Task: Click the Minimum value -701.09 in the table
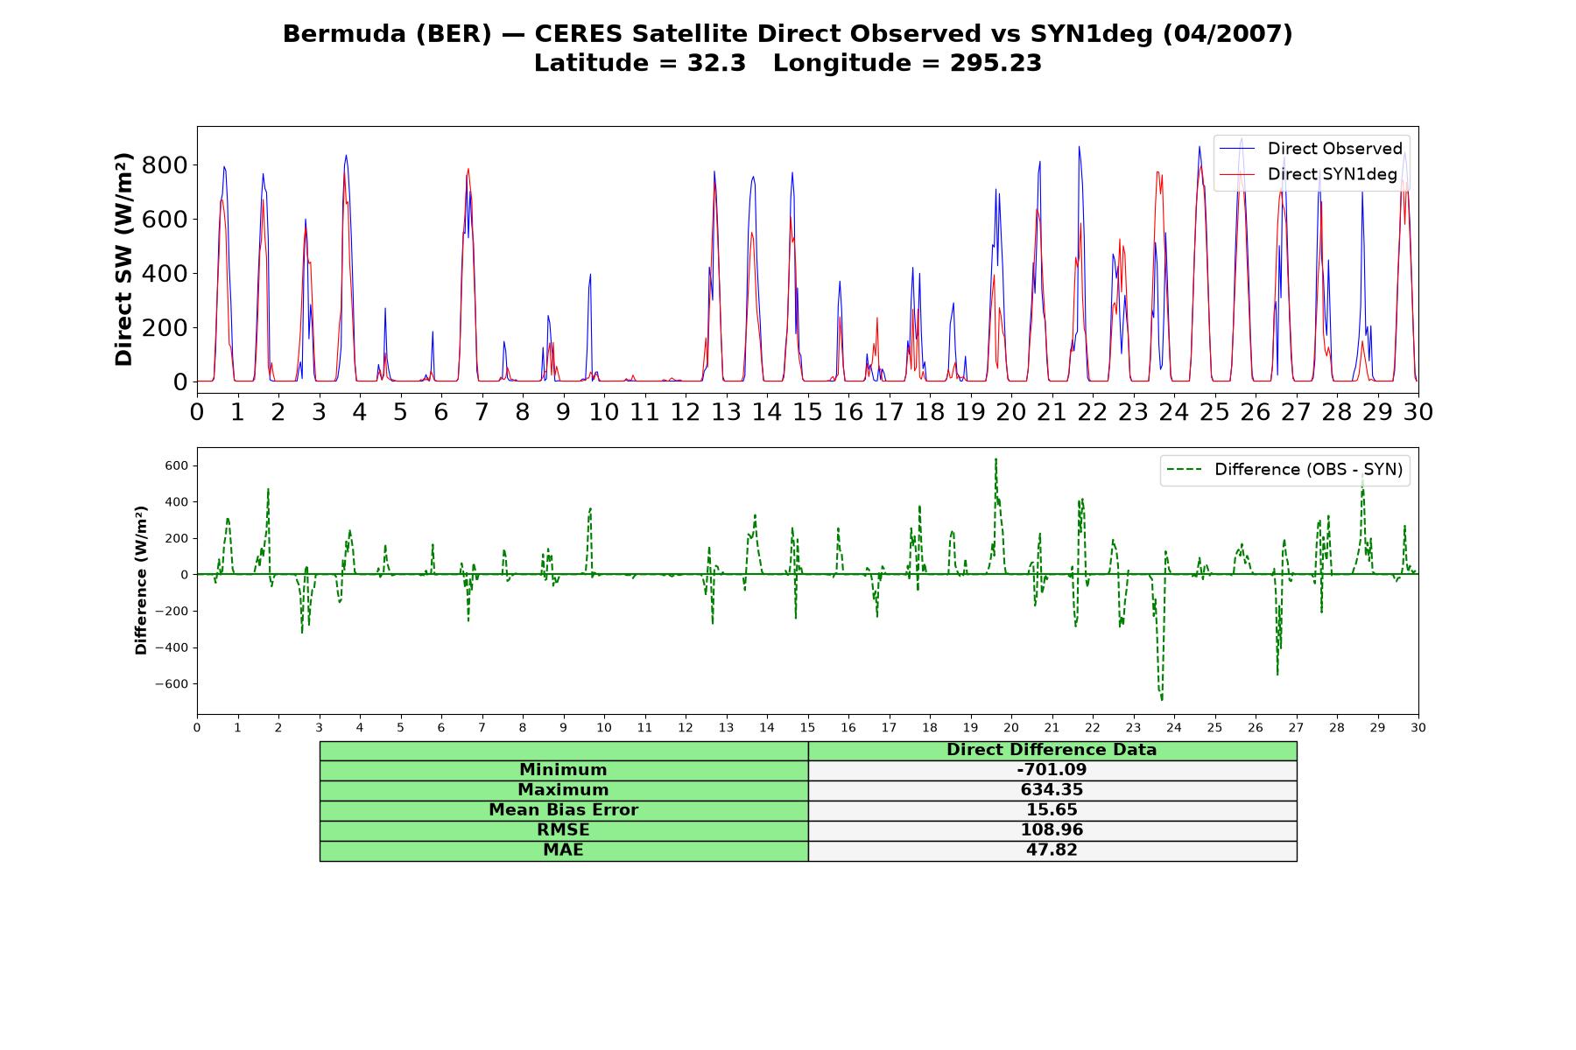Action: [1052, 770]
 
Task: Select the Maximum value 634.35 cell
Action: [1052, 790]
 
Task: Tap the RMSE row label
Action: [563, 829]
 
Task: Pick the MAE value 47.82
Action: [1052, 850]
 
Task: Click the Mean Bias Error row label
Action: [563, 810]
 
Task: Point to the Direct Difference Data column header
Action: [1052, 750]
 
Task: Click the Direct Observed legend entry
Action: [1310, 149]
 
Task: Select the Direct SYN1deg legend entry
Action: [1308, 174]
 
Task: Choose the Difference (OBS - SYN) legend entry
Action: [1284, 470]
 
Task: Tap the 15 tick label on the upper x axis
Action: [807, 411]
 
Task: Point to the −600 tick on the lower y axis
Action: [172, 684]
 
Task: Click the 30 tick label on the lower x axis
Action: [1418, 728]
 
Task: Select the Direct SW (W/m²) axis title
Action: [123, 259]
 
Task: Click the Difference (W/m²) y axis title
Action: [141, 580]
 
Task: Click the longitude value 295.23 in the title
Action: [996, 63]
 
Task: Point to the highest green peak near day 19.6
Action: [996, 458]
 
